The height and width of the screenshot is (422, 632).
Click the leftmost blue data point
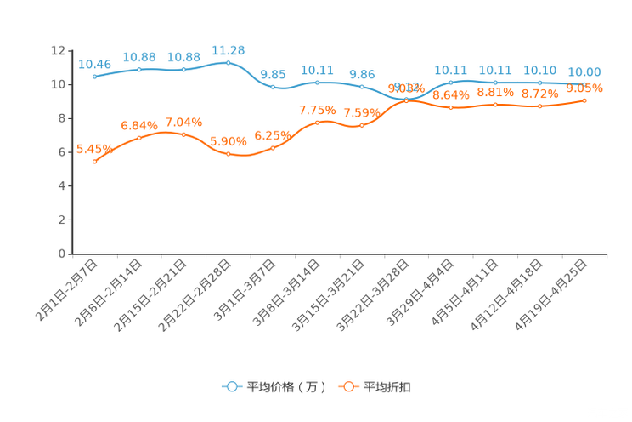[x=94, y=77]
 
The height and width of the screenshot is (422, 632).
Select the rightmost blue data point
[x=584, y=83]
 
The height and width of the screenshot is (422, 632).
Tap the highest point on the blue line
[x=228, y=62]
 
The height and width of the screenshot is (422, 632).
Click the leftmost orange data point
[x=94, y=162]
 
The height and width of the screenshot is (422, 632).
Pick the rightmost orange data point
[x=584, y=100]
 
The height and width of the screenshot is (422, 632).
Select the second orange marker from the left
[x=139, y=137]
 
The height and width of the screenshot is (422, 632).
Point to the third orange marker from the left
[x=183, y=134]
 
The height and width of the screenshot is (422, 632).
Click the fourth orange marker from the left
[x=228, y=154]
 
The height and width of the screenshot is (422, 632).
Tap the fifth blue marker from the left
[x=273, y=86]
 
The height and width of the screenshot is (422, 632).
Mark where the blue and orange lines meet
[x=406, y=100]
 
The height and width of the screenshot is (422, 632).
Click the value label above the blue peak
[x=228, y=50]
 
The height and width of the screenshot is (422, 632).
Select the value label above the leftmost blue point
[x=94, y=64]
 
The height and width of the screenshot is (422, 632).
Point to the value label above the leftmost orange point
[x=93, y=149]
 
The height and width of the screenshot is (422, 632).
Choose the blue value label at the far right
[x=584, y=71]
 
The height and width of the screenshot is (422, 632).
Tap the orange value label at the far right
[x=584, y=88]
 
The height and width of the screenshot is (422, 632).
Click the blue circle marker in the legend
[x=232, y=386]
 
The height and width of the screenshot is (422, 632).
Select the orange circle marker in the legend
[x=348, y=386]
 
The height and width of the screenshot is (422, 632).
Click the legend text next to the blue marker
[x=285, y=387]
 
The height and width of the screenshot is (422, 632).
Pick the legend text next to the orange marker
[x=388, y=387]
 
